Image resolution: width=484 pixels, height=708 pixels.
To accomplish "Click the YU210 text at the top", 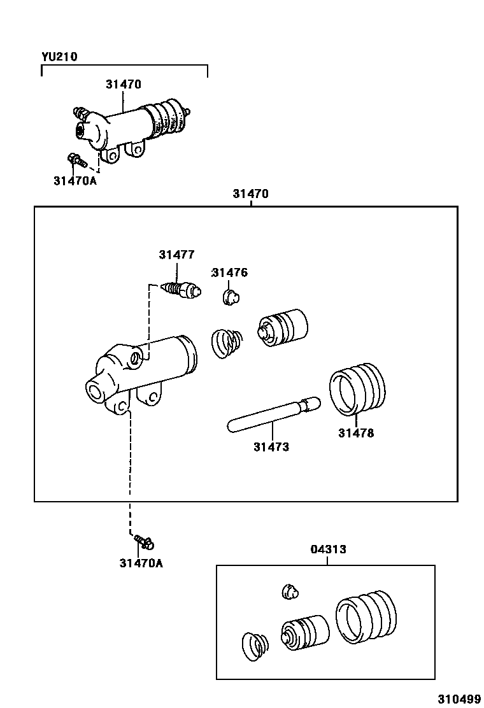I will click(59, 57).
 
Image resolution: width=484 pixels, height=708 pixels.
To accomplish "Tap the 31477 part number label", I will click(176, 255).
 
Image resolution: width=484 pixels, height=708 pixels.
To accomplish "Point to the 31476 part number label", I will click(229, 273).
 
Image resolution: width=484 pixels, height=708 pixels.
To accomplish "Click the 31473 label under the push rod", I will click(271, 447).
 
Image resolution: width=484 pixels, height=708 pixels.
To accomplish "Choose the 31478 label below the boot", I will click(356, 434).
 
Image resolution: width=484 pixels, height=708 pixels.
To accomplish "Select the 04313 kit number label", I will click(328, 549).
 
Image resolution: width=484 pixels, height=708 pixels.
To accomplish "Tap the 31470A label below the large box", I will click(141, 563).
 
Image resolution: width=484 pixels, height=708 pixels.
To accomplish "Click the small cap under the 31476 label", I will click(231, 296).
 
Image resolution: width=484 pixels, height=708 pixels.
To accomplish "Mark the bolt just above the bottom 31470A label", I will click(145, 542).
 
